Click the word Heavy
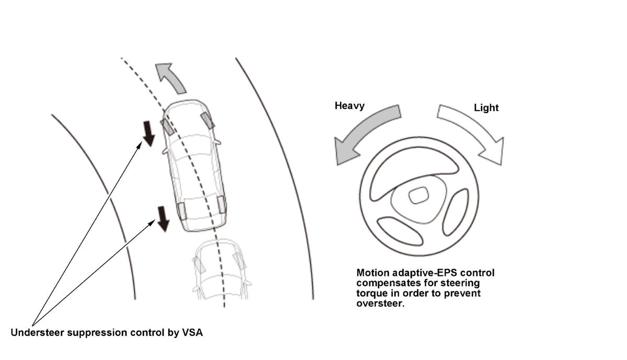350,106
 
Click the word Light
486,108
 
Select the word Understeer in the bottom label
37,332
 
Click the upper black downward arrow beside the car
149,133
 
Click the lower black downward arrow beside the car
163,218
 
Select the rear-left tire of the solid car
182,211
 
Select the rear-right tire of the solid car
222,203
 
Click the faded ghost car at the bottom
219,269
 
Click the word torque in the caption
370,293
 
